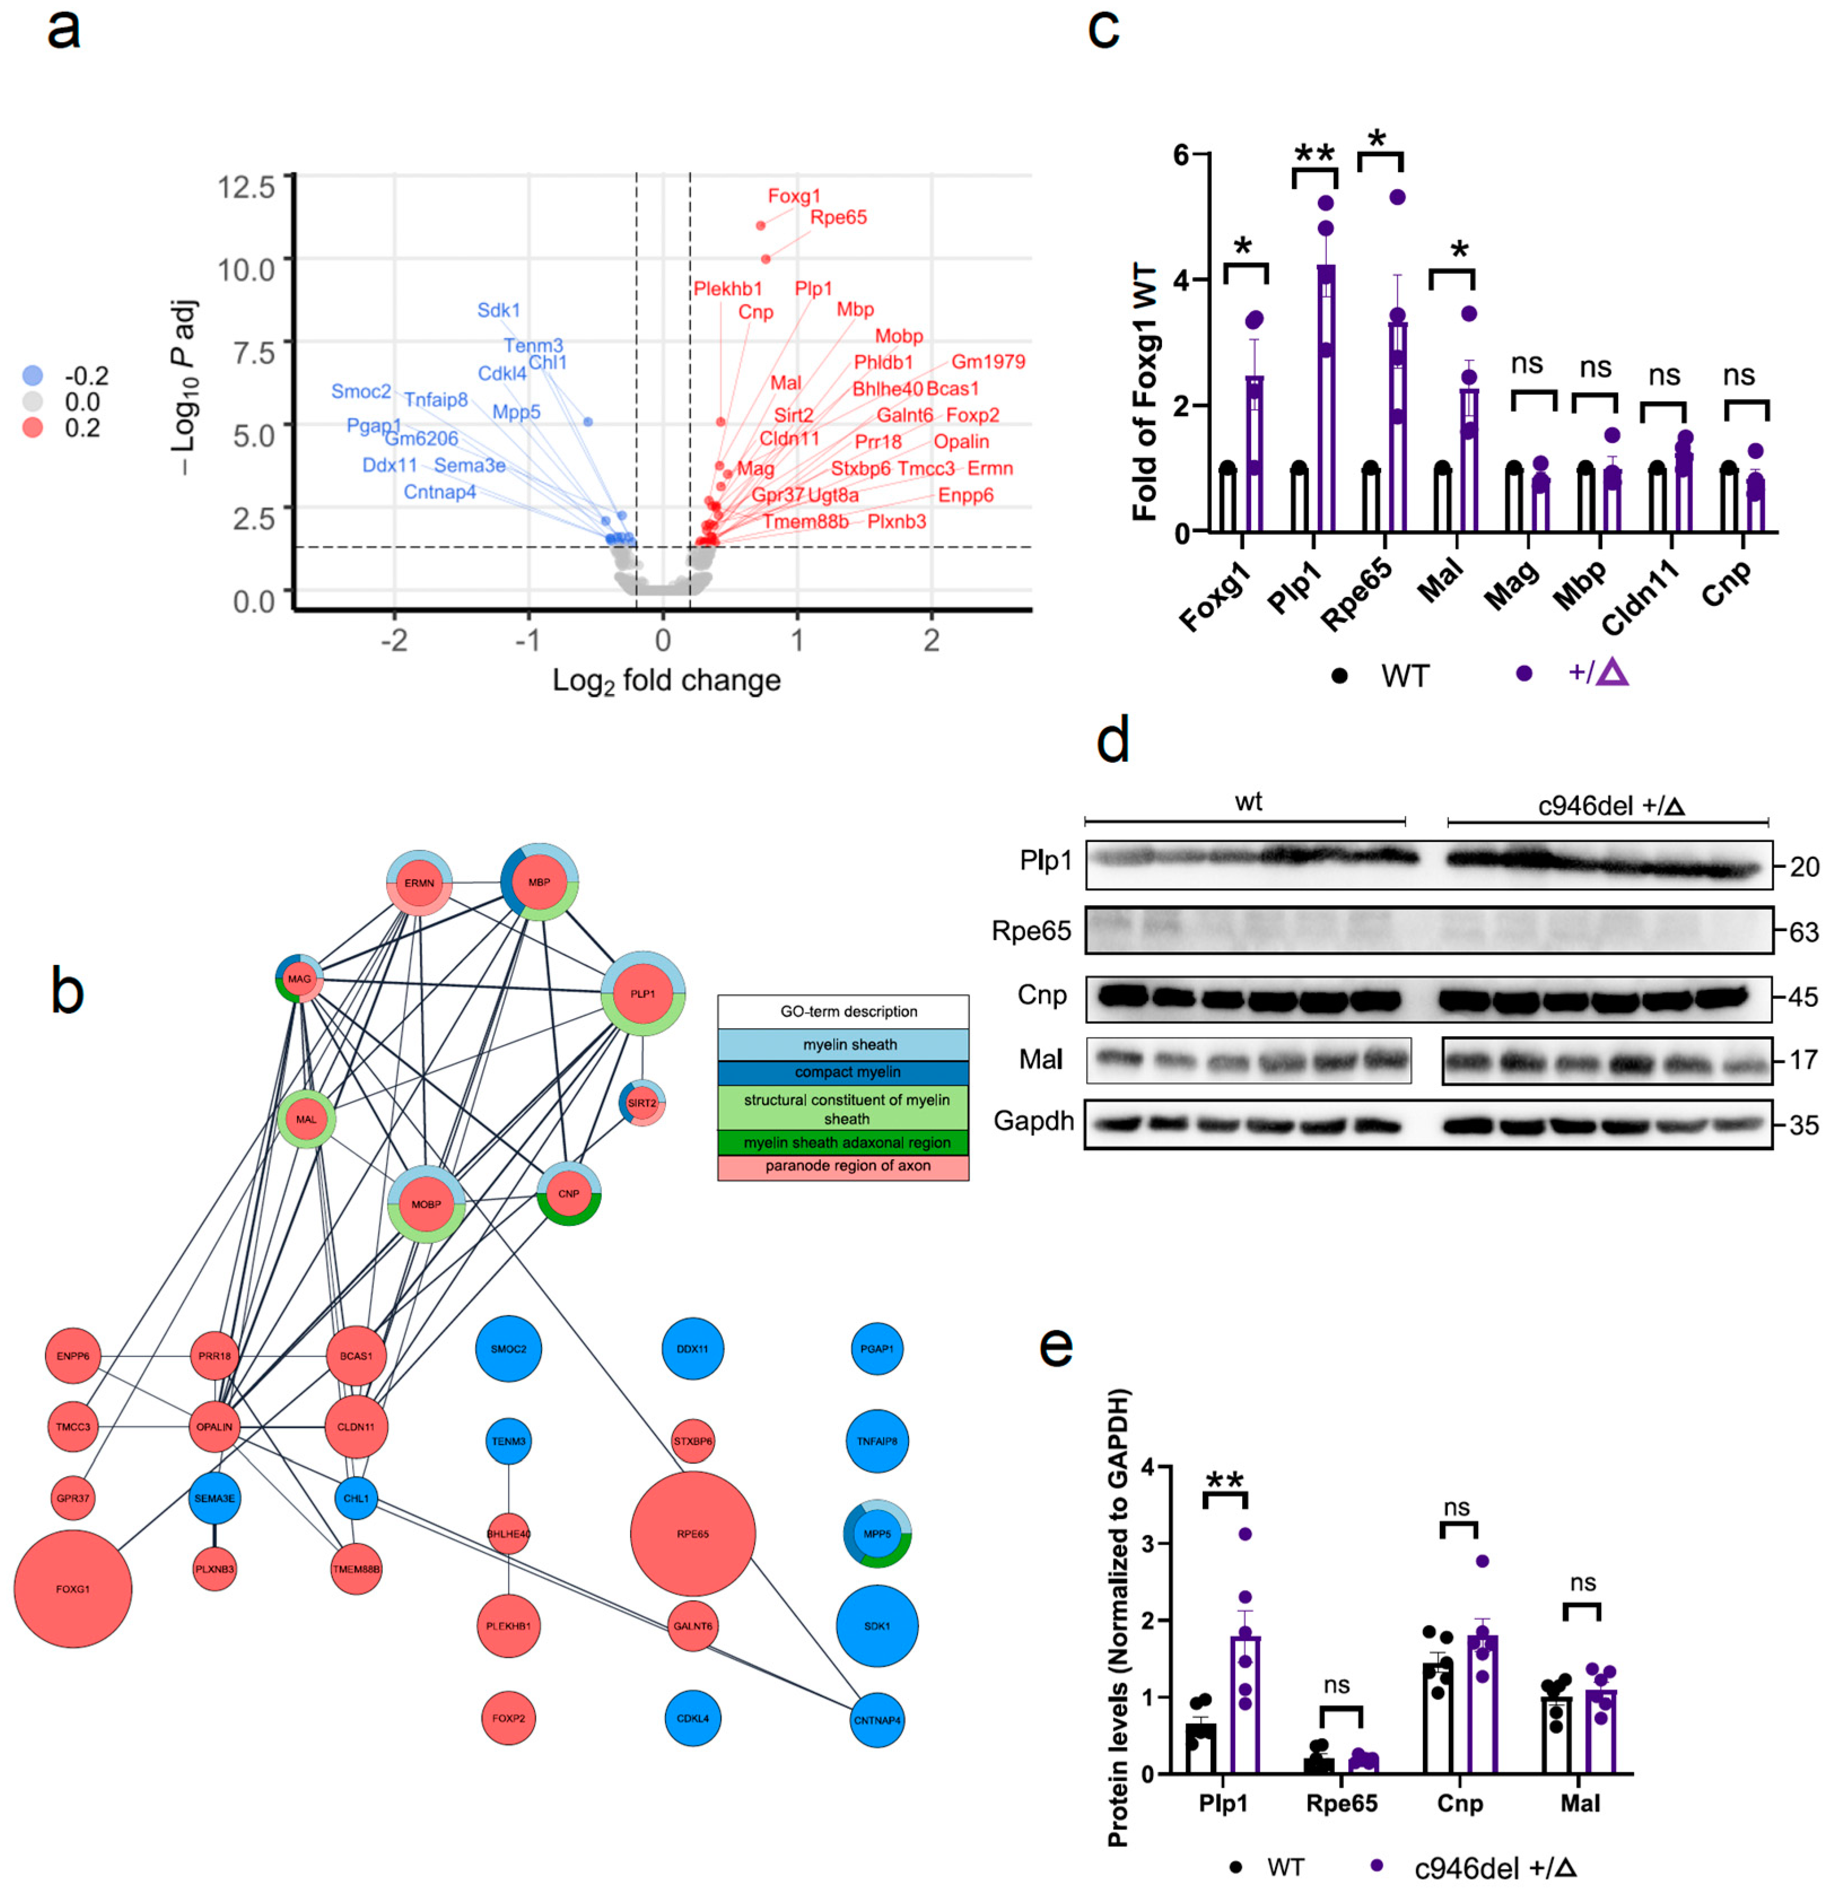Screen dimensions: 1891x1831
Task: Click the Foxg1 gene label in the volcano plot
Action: tap(793, 196)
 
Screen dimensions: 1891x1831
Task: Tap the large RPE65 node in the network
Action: tap(693, 1533)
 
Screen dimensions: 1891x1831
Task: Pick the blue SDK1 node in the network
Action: tap(877, 1626)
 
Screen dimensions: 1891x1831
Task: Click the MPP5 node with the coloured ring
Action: tap(877, 1533)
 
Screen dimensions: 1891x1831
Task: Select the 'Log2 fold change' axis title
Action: tap(666, 681)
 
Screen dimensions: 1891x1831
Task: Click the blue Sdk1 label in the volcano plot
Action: tap(498, 309)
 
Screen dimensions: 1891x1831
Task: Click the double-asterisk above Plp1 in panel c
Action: tap(1314, 154)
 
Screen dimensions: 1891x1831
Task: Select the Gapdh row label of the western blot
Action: tap(1033, 1121)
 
